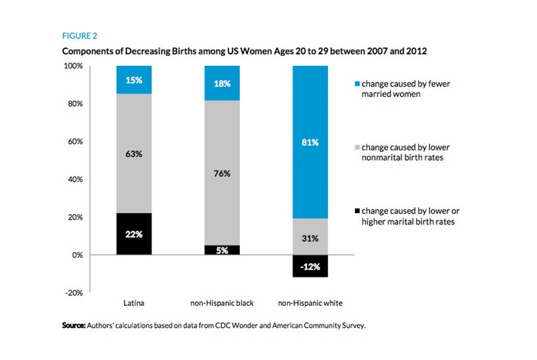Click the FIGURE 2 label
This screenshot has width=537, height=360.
pyautogui.click(x=80, y=36)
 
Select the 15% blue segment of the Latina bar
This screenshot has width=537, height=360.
pyautogui.click(x=134, y=80)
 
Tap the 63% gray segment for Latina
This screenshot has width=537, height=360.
pyautogui.click(x=134, y=153)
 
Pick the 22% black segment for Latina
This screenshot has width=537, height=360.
pyautogui.click(x=134, y=233)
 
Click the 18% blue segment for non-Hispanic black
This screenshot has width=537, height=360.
pyautogui.click(x=222, y=83)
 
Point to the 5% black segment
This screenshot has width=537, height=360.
pyautogui.click(x=222, y=250)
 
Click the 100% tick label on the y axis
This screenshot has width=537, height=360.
pyautogui.click(x=72, y=67)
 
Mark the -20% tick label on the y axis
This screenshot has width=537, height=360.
pyautogui.click(x=73, y=293)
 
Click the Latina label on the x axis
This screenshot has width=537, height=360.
pyautogui.click(x=134, y=303)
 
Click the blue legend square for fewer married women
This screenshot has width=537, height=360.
pyautogui.click(x=356, y=84)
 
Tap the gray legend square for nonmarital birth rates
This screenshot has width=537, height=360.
pyautogui.click(x=356, y=148)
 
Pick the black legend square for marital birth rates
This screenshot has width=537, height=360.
pyautogui.click(x=356, y=211)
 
